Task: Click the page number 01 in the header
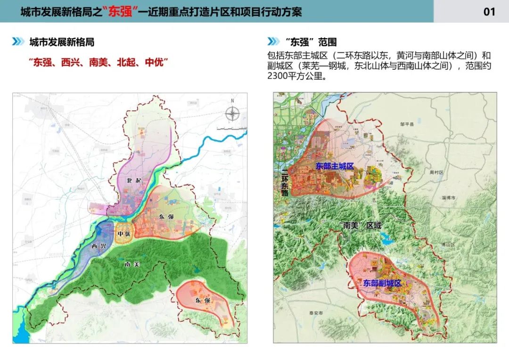coord(489,12)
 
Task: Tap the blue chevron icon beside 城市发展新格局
coord(18,42)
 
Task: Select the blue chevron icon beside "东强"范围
coord(274,42)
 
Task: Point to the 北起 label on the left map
coord(133,180)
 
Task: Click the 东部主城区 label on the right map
coord(335,166)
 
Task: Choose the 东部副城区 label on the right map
coord(382,283)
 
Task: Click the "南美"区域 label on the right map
coord(360,225)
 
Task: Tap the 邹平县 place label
coord(406,124)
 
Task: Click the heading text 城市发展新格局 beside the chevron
coord(62,42)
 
